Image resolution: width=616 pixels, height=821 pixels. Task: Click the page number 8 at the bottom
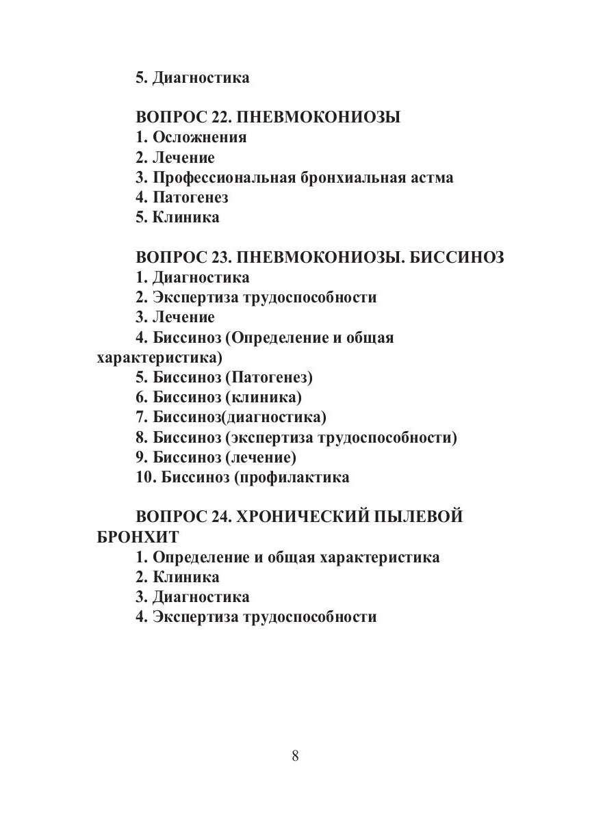coord(295,755)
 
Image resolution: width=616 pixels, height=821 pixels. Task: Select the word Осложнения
coord(200,138)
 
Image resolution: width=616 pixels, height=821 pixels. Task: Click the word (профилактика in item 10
coord(292,478)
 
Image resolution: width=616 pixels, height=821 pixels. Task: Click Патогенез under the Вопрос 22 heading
coord(190,198)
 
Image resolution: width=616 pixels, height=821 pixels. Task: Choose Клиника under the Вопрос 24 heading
coord(186,577)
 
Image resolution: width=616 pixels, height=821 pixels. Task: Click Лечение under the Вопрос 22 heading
coord(183,158)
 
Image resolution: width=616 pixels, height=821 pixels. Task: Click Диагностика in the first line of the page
coord(201,77)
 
